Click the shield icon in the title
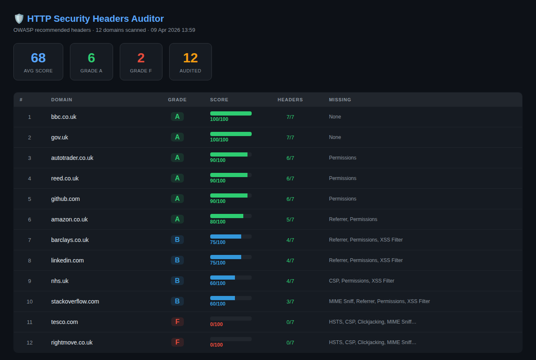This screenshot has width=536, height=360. tap(19, 18)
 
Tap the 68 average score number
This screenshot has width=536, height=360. tap(38, 58)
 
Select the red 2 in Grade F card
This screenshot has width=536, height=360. tap(141, 58)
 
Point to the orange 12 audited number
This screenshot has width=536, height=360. tap(190, 58)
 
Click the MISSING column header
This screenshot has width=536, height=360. tap(340, 100)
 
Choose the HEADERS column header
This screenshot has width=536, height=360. tap(290, 100)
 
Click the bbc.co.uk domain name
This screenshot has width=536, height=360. tap(64, 117)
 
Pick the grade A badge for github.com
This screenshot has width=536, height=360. tap(177, 199)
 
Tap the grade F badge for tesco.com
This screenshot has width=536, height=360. tap(177, 322)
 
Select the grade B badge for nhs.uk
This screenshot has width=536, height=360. tap(177, 281)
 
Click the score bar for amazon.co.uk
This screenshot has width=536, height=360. tap(231, 216)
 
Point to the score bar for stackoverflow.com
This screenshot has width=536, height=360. tap(231, 298)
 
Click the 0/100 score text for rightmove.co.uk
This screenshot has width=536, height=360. tap(216, 345)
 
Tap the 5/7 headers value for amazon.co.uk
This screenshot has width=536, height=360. tap(290, 219)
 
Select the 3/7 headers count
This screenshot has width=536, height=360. tap(290, 301)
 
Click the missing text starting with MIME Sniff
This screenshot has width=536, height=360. tap(379, 301)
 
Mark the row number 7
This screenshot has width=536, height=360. tap(29, 240)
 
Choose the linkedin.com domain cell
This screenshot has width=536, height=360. tap(67, 260)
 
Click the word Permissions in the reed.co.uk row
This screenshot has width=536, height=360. tap(343, 178)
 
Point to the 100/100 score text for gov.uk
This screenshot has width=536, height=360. tap(219, 140)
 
